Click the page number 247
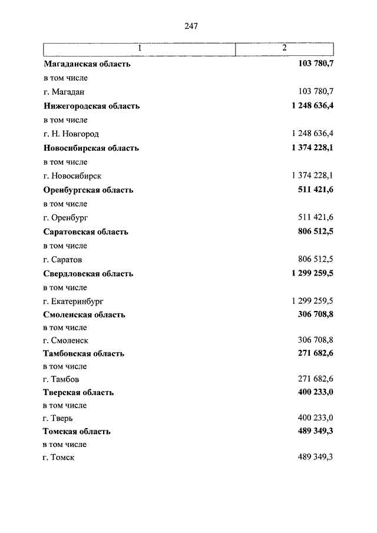coord(190,26)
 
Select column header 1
coord(140,48)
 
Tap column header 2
coord(285,48)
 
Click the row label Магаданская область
coord(87,64)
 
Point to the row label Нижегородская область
coord(91,107)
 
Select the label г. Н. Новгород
coord(71,134)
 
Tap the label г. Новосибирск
coord(72,176)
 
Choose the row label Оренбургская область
coord(88,190)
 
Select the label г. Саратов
coord(62,260)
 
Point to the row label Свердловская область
coord(88,274)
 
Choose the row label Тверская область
coord(78,393)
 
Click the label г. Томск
coord(59,457)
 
